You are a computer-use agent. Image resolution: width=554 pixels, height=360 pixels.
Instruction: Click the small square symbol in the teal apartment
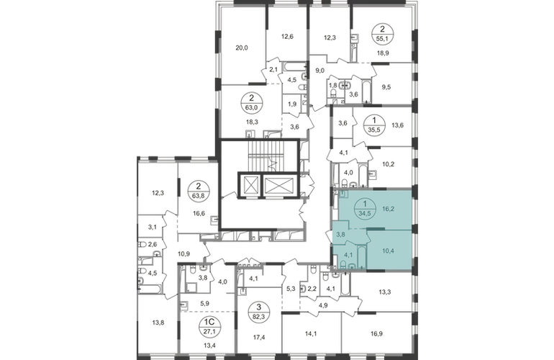tap(345, 194)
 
